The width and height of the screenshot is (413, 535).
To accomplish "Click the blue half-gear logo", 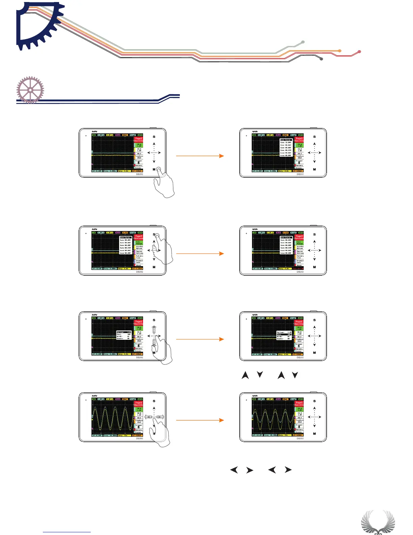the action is [37, 25].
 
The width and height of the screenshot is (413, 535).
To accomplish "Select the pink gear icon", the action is [30, 90].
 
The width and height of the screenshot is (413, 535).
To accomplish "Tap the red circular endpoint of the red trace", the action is [359, 51].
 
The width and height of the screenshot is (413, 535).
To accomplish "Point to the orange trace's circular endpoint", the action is [340, 51].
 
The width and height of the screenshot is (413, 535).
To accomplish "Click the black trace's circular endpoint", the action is [321, 59].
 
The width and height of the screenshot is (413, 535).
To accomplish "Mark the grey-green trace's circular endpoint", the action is [303, 42].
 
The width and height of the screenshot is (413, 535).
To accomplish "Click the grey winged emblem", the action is [378, 522].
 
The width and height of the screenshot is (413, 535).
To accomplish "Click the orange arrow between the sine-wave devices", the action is [200, 420].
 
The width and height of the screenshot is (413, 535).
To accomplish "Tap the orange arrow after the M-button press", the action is [200, 156].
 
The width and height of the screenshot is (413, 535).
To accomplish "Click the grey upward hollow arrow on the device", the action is [154, 329].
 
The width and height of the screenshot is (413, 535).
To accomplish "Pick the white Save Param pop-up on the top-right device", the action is [286, 148].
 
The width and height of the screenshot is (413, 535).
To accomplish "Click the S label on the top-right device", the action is [314, 137].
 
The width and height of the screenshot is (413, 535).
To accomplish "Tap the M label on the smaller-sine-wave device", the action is [314, 434].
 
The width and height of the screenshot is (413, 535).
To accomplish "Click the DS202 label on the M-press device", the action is [140, 174].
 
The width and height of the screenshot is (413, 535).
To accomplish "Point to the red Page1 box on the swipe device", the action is [139, 404].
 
